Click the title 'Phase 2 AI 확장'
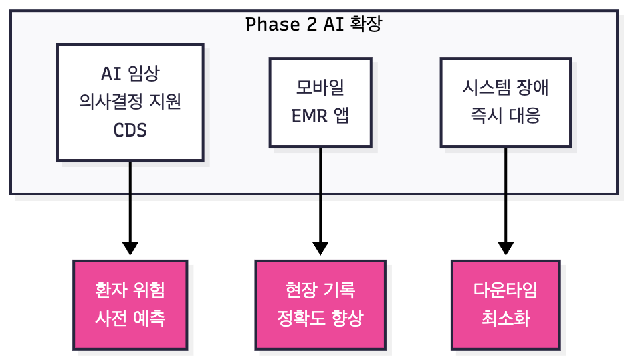(x=314, y=25)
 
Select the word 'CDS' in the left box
(x=130, y=129)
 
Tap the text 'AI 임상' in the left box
(x=130, y=74)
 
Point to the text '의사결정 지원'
(x=130, y=102)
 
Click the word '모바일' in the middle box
(x=320, y=88)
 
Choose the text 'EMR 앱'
(x=320, y=116)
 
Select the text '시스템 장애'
(x=505, y=88)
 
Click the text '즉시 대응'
(x=505, y=116)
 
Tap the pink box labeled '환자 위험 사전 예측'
(x=130, y=304)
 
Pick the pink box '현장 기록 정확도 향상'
(x=320, y=304)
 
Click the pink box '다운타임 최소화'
(x=505, y=304)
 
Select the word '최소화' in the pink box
(x=505, y=318)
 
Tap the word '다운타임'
(x=505, y=290)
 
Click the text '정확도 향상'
(x=320, y=318)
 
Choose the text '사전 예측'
(x=130, y=318)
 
